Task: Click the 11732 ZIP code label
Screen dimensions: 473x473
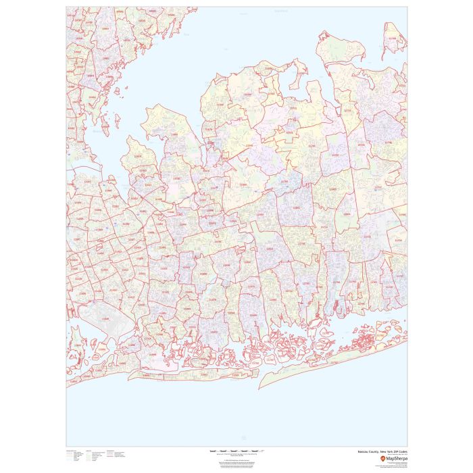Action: point(292,107)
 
